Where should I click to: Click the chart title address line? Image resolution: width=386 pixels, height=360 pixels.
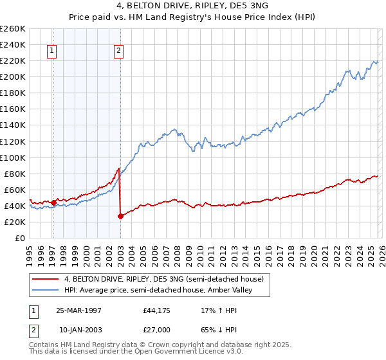[192, 6]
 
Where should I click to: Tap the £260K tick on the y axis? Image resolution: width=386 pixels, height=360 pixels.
[13, 29]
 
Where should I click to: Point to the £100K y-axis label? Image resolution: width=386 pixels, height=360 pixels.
[13, 157]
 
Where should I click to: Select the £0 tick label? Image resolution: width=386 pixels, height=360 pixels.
[21, 239]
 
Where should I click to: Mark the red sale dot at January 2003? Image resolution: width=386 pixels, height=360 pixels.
[120, 216]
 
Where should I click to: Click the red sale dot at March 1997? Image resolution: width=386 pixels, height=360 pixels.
[54, 202]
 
